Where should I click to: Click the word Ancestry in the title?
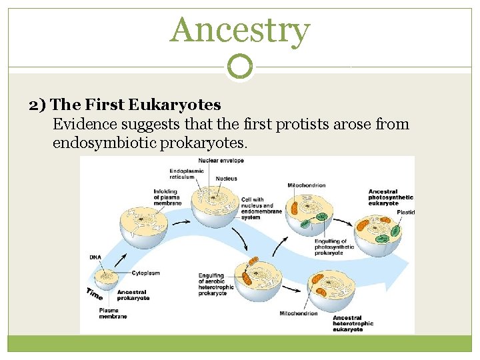pyautogui.click(x=240, y=31)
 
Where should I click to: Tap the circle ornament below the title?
pyautogui.click(x=240, y=67)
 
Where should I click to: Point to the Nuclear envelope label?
pyautogui.click(x=226, y=160)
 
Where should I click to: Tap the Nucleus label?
pyautogui.click(x=226, y=179)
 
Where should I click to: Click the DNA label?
pyautogui.click(x=95, y=257)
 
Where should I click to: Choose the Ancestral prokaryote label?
pyautogui.click(x=133, y=295)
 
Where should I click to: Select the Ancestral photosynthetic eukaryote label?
pyautogui.click(x=391, y=197)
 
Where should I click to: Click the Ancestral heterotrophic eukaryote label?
pyautogui.click(x=353, y=323)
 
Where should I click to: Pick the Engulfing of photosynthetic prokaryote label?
pyautogui.click(x=331, y=247)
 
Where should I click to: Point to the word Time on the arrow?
pyautogui.click(x=94, y=293)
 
